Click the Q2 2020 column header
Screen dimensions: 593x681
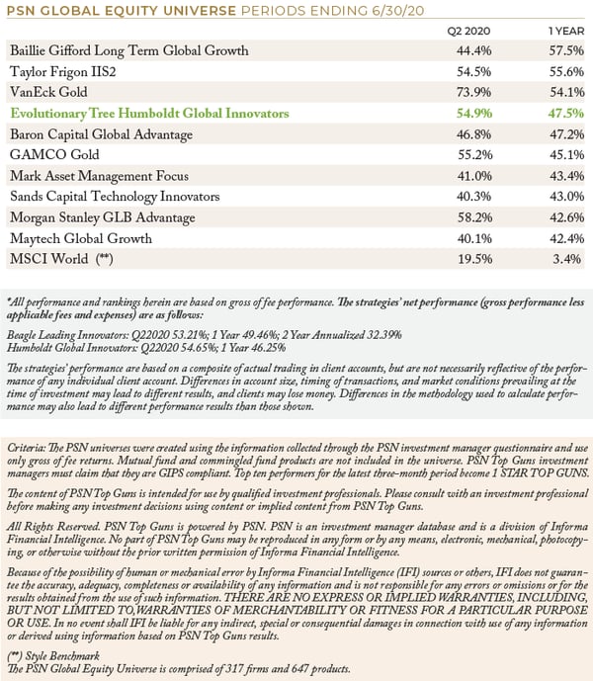pyautogui.click(x=468, y=32)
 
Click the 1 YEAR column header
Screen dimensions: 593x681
pyautogui.click(x=566, y=32)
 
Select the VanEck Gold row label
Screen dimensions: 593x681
pyautogui.click(x=48, y=92)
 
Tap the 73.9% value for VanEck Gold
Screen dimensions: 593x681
pyautogui.click(x=474, y=92)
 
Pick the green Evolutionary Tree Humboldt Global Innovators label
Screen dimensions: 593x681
pyautogui.click(x=149, y=114)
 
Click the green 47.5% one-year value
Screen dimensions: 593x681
pyautogui.click(x=566, y=114)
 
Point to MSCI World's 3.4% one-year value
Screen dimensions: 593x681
pyautogui.click(x=567, y=259)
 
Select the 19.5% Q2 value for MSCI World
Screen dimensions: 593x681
pyautogui.click(x=474, y=259)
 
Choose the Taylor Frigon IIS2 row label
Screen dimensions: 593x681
pyautogui.click(x=63, y=71)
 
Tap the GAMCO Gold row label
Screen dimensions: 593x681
pyautogui.click(x=54, y=154)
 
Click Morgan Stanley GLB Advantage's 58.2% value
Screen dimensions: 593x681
pyautogui.click(x=474, y=217)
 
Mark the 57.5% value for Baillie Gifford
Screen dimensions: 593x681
pyautogui.click(x=566, y=50)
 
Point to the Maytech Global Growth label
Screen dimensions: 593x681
pyautogui.click(x=81, y=238)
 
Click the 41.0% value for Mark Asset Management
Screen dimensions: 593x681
pyautogui.click(x=474, y=176)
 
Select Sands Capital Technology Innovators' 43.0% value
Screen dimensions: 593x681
pyautogui.click(x=567, y=197)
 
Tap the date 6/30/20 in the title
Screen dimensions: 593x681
pyautogui.click(x=398, y=11)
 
